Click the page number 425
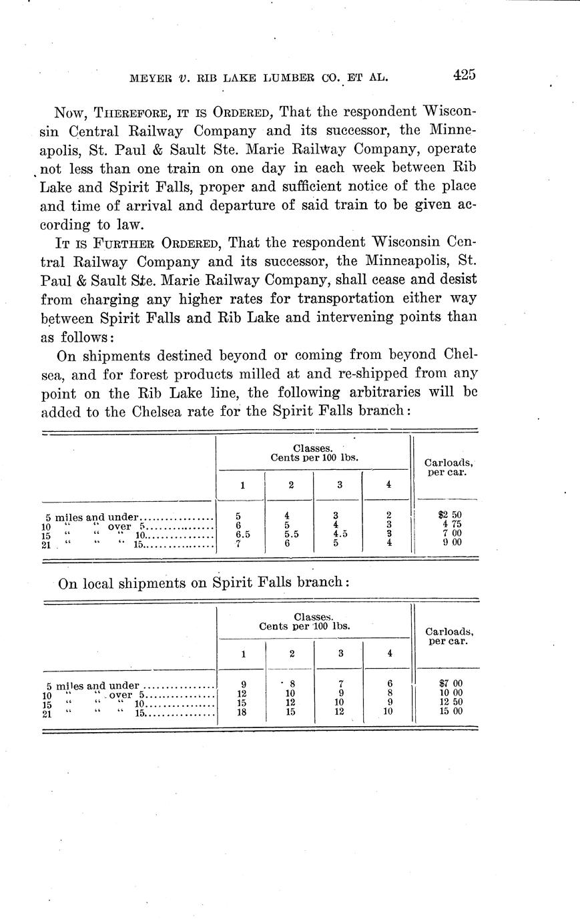click(463, 75)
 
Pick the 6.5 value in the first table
click(242, 535)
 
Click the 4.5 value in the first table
click(340, 534)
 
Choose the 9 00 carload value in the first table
click(448, 543)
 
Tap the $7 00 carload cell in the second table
click(448, 683)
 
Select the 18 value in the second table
click(243, 711)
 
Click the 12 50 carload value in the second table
click(448, 702)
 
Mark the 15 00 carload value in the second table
click(448, 711)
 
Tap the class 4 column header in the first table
click(388, 485)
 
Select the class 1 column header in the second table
click(243, 654)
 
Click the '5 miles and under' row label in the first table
click(93, 517)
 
